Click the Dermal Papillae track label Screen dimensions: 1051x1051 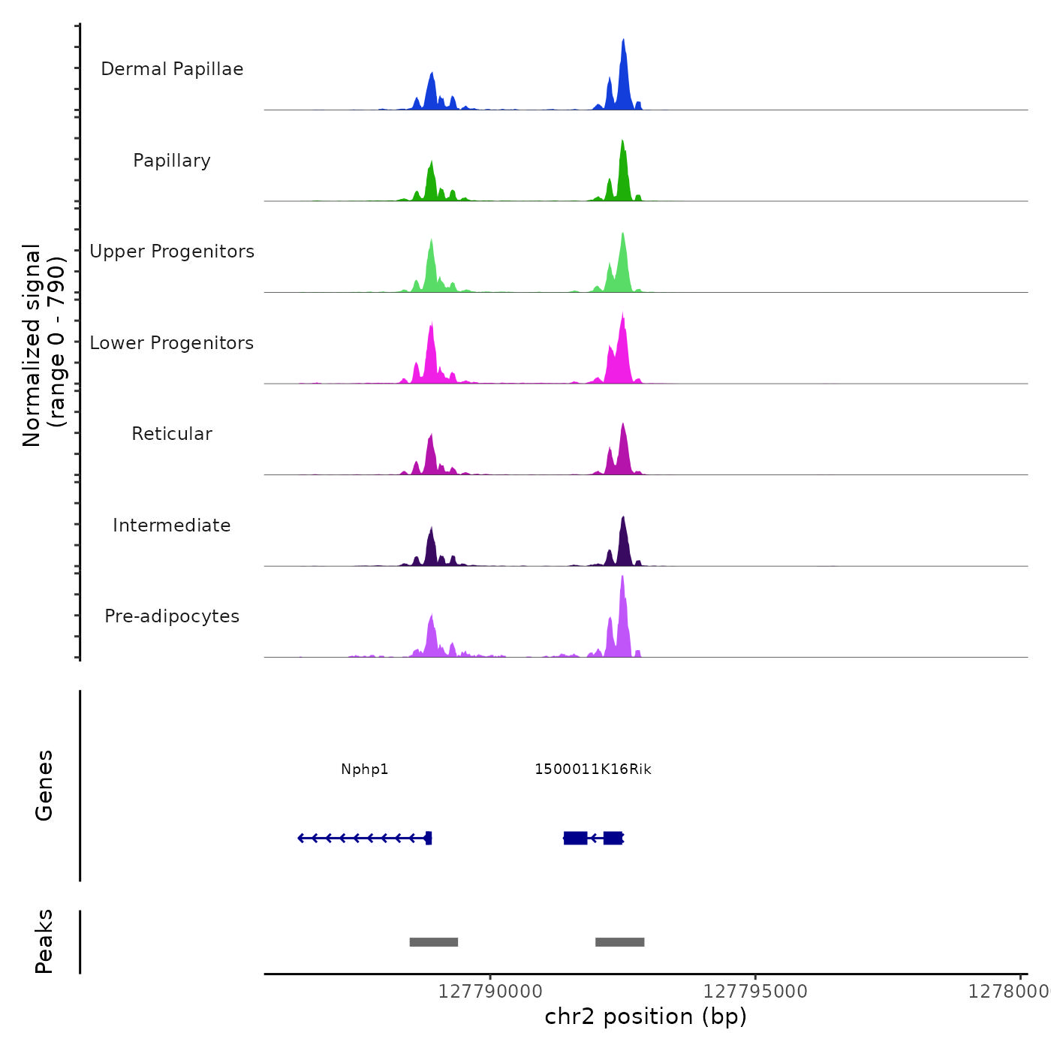coord(172,69)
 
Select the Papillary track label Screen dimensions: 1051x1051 coord(172,161)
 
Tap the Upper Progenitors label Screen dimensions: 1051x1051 coord(172,251)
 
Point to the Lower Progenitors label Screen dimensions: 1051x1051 coord(172,343)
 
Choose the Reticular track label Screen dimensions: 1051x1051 coord(172,434)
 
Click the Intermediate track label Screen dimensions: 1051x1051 coord(172,525)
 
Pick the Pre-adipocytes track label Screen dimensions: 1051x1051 coord(172,616)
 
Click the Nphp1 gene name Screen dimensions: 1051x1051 coord(365,769)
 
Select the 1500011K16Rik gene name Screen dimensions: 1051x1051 coord(593,769)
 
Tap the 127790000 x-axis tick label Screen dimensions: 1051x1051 coord(490,992)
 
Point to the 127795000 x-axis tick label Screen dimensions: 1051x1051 coord(755,992)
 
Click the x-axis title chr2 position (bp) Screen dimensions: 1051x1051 coord(646,1016)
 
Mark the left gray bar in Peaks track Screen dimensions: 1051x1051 coord(434,942)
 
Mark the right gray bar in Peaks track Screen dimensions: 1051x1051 coord(620,942)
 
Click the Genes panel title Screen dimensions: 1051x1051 coord(44,785)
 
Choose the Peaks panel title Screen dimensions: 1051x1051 coord(44,941)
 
